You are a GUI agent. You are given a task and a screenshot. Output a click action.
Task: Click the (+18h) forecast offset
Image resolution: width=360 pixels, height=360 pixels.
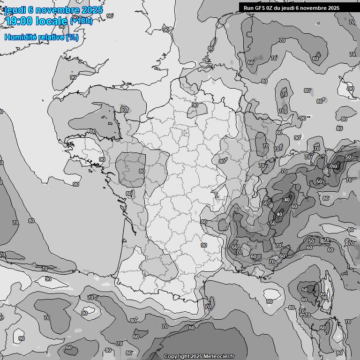[81, 21]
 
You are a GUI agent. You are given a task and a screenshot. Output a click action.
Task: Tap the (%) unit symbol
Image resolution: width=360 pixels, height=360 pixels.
[72, 37]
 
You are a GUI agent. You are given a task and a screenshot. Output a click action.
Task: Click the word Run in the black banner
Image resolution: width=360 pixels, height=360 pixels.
[248, 7]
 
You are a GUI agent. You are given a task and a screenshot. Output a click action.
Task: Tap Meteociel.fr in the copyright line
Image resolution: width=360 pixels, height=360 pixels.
[218, 356]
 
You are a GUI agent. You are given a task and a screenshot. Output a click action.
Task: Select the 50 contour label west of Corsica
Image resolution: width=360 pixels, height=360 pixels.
[305, 290]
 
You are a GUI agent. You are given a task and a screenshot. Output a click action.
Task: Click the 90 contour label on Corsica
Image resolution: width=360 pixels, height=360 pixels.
[324, 297]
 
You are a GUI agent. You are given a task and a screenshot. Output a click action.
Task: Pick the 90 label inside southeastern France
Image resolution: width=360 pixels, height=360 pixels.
[204, 245]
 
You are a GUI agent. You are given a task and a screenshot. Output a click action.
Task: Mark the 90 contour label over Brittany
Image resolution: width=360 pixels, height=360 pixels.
[102, 159]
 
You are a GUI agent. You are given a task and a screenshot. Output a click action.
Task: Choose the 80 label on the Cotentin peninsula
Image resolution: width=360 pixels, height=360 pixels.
[123, 110]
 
